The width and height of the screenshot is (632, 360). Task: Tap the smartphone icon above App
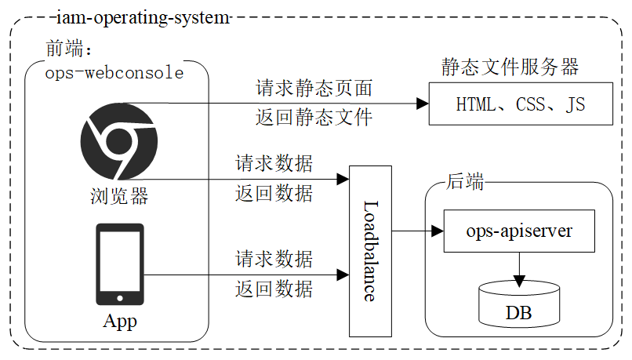point(119,264)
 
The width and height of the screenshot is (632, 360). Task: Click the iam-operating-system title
point(143,16)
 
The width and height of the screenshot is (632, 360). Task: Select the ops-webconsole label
point(114,73)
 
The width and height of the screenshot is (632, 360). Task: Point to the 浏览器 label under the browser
point(118,195)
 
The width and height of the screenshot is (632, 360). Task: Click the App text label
point(119,322)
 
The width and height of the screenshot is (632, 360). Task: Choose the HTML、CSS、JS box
point(521,104)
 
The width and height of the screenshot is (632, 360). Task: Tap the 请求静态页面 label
point(314,89)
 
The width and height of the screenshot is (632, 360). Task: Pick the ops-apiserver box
point(519,231)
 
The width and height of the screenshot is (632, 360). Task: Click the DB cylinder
point(518,306)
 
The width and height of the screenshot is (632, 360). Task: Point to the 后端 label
point(464,181)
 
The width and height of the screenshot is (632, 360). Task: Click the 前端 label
point(68,49)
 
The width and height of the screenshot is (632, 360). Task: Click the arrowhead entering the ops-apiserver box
point(437,231)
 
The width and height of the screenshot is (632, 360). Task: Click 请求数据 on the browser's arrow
point(274,164)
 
